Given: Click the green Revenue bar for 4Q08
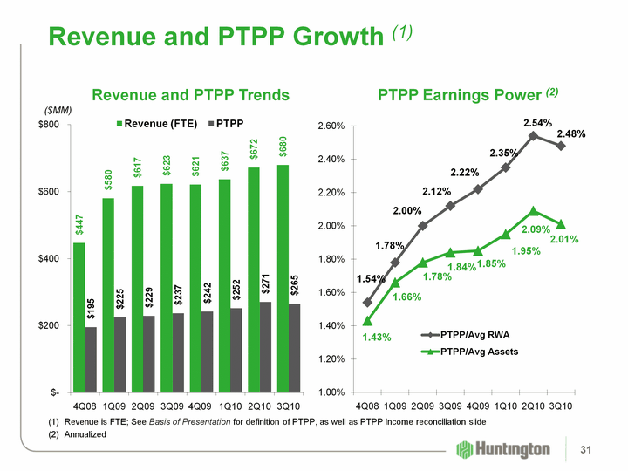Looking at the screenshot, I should pos(79,317).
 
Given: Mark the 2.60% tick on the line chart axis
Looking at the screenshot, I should pos(331,126).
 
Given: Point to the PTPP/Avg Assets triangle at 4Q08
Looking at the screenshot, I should pos(366,321).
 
